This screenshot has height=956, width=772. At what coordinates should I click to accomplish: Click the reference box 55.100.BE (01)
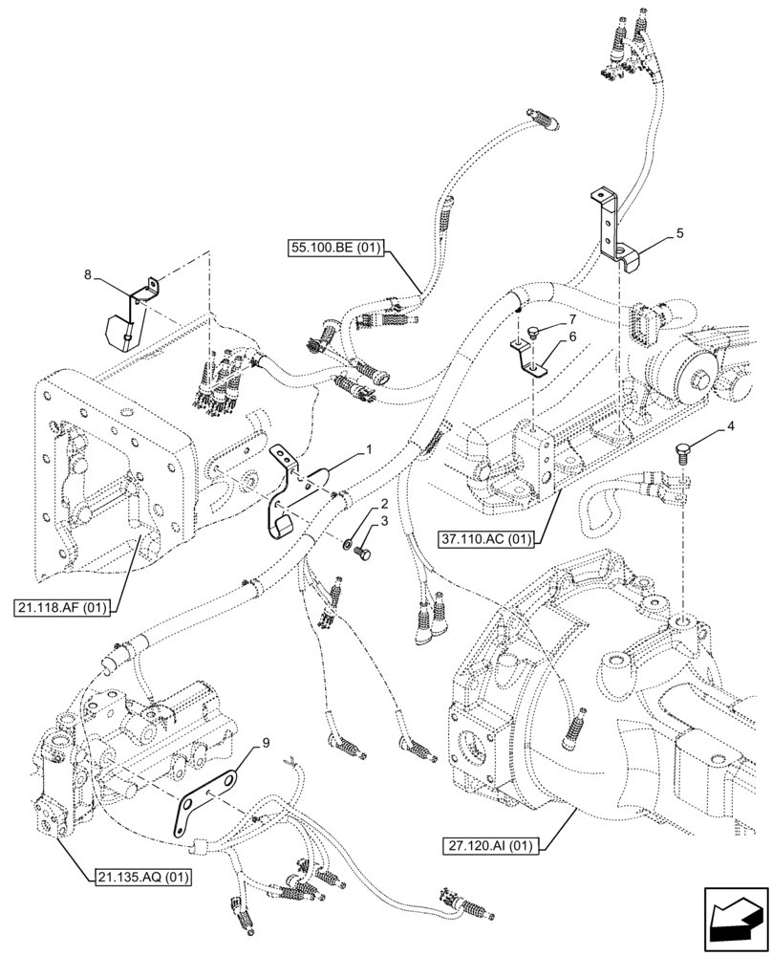(334, 250)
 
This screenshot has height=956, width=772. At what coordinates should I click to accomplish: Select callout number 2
(382, 503)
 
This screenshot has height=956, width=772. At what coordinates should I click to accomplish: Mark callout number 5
(679, 232)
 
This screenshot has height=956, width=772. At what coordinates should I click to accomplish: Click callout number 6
(573, 337)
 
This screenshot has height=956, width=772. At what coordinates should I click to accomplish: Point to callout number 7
(572, 318)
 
